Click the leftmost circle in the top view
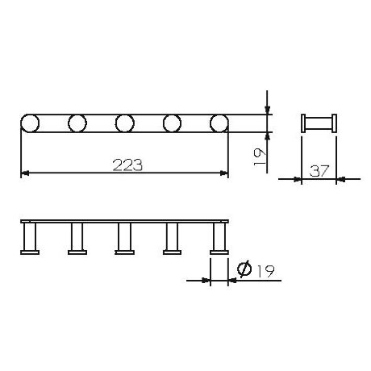[x=30, y=123]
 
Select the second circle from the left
[x=77, y=123]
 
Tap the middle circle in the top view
[x=124, y=123]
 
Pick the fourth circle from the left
[x=172, y=123]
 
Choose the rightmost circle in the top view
[x=219, y=123]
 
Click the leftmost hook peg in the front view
[x=30, y=240]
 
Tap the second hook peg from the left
[x=77, y=240]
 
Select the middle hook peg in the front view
[x=124, y=240]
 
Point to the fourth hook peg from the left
[x=172, y=240]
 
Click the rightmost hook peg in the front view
[x=219, y=240]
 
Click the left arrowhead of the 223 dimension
[x=24, y=173]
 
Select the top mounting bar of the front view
[x=125, y=220]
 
